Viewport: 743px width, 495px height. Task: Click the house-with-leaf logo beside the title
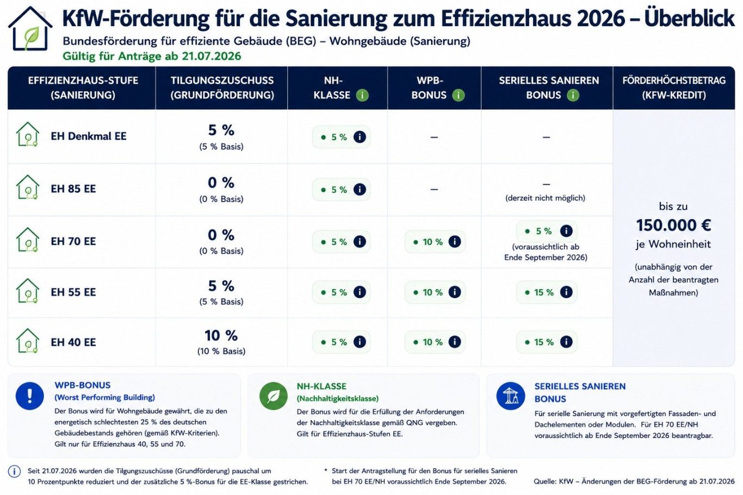point(30,29)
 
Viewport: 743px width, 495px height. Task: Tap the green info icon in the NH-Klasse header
point(362,96)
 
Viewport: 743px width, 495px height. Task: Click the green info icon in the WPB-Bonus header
point(459,96)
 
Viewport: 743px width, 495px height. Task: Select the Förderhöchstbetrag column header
point(674,88)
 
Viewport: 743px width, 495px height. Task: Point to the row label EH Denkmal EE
point(89,136)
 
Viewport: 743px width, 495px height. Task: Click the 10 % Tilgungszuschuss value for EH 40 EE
point(221,336)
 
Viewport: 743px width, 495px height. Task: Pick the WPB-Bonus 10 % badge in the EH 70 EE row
point(435,242)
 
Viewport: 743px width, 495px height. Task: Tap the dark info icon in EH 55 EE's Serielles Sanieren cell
point(566,292)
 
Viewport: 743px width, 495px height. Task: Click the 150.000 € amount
point(673,225)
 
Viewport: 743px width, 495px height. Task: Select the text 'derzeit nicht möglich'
point(546,198)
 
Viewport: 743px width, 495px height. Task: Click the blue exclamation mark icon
point(30,396)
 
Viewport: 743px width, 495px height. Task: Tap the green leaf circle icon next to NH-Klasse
point(274,396)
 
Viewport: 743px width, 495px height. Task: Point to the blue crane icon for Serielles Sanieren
point(511,396)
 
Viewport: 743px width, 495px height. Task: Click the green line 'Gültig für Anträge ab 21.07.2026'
point(152,56)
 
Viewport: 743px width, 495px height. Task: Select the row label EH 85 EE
point(73,189)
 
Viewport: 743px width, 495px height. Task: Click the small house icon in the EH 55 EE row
point(28,291)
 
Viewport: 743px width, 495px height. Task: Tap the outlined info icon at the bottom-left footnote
point(14,472)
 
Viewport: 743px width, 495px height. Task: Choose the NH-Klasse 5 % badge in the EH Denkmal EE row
point(341,137)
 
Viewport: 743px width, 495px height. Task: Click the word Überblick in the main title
point(689,18)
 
